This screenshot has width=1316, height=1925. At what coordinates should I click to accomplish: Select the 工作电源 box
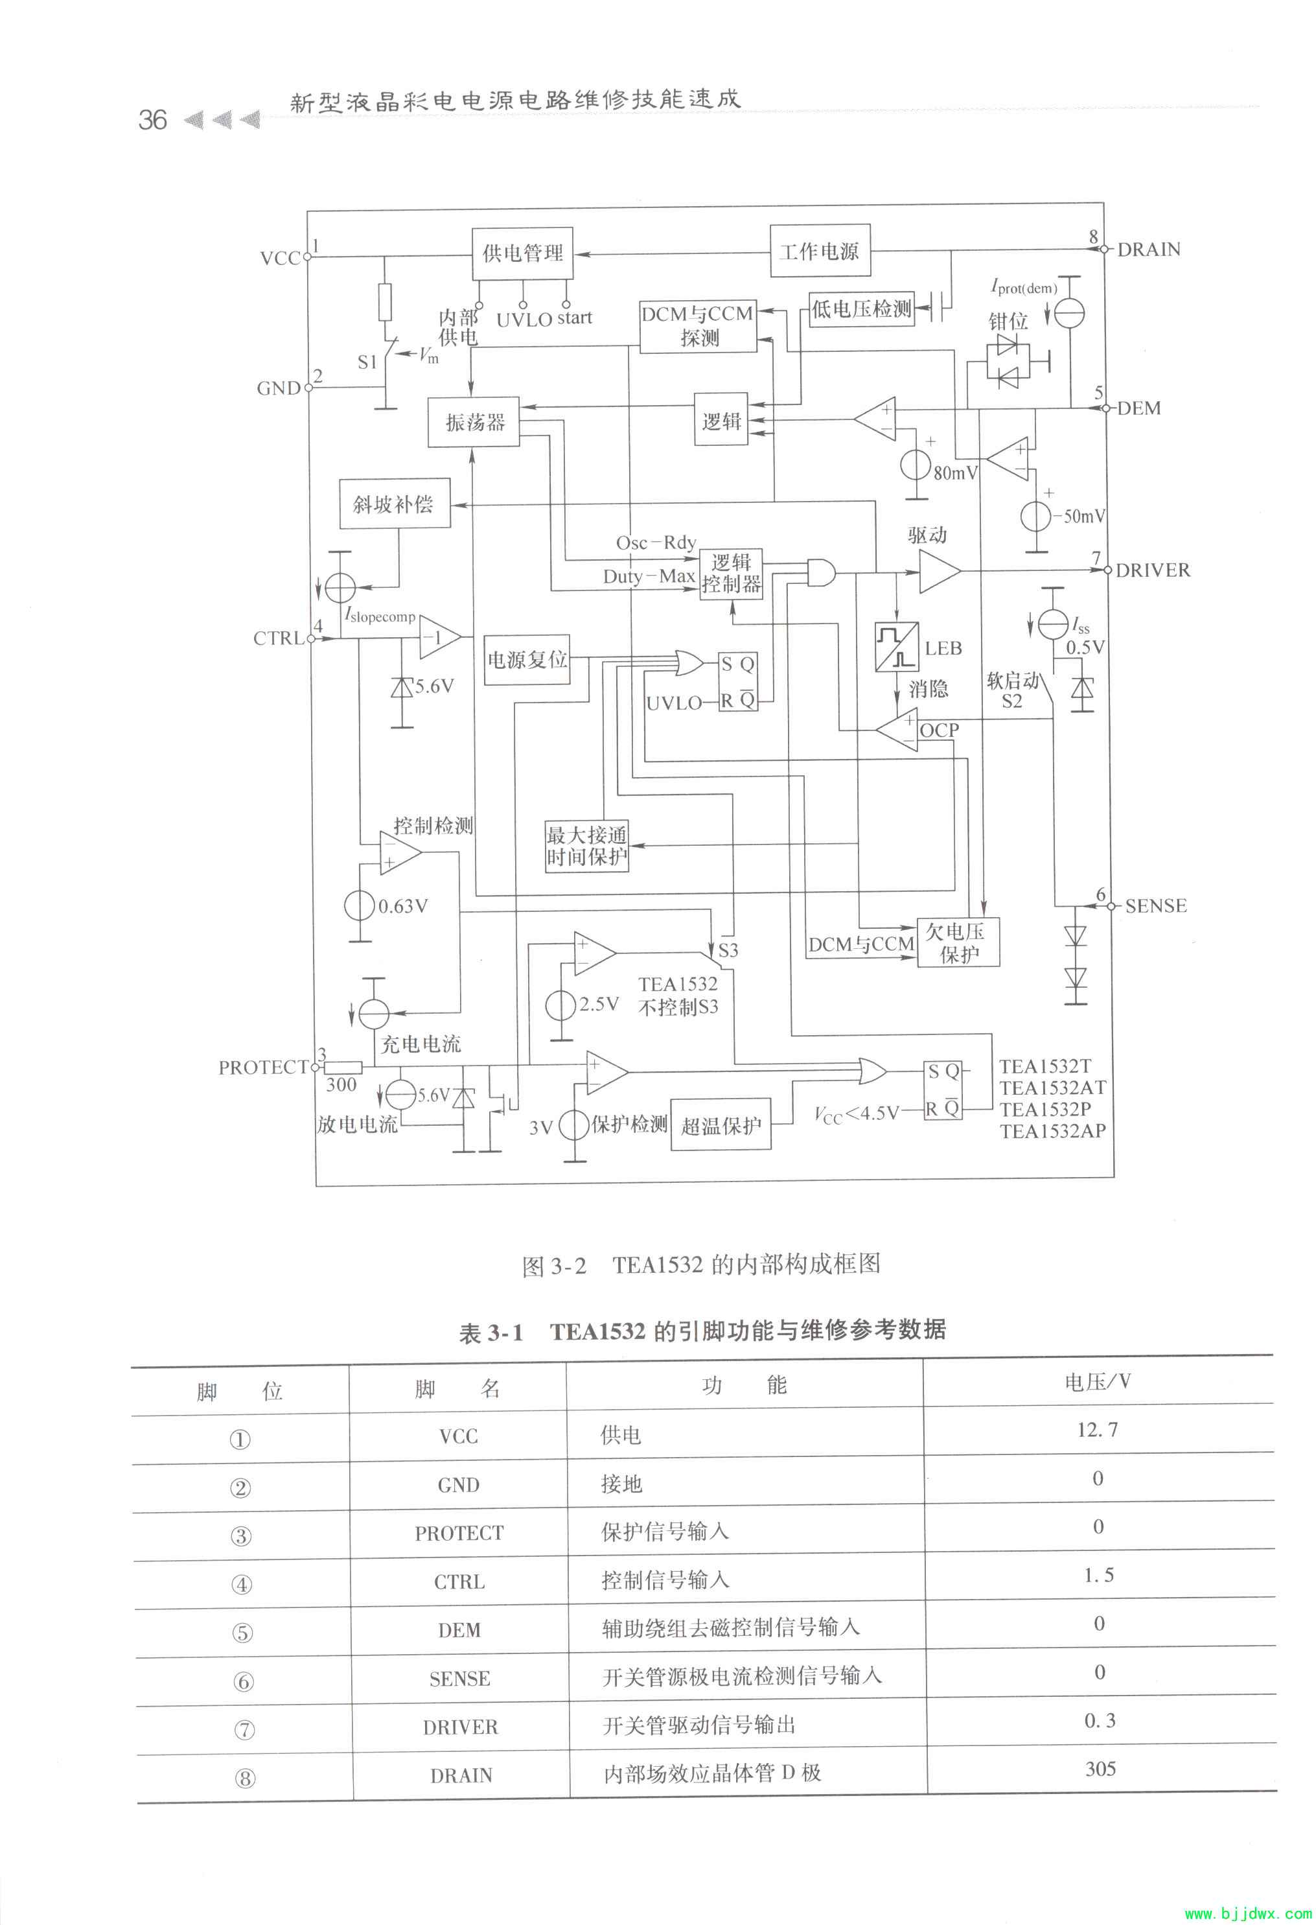tap(819, 251)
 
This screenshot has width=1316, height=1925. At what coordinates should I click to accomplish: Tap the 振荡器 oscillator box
tap(474, 423)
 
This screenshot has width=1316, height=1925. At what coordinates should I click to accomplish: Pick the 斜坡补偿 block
tap(394, 504)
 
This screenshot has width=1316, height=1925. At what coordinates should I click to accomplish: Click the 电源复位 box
tap(527, 659)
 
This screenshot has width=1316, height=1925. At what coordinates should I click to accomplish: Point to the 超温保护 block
tap(721, 1125)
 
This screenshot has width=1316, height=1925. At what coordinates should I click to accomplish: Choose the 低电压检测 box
tap(861, 309)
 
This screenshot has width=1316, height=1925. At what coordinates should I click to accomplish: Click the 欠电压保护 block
tap(958, 942)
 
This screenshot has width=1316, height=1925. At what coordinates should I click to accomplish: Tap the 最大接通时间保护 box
tap(586, 846)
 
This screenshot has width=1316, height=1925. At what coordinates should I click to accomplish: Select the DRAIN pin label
tap(1149, 250)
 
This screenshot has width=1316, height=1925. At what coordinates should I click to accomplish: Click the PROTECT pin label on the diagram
tap(262, 1067)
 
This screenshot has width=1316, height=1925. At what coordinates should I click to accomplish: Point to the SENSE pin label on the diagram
tap(1155, 906)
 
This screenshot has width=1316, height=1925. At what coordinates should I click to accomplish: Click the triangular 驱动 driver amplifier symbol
tap(939, 572)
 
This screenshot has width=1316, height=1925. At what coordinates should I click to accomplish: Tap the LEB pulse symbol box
tap(897, 647)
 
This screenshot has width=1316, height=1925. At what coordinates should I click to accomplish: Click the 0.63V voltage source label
tap(402, 906)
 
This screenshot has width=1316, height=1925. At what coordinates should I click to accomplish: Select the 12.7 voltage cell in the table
tap(1098, 1430)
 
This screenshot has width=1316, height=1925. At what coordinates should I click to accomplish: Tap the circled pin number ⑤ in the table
tap(242, 1633)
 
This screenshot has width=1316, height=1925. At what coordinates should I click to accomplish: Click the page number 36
tap(152, 120)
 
